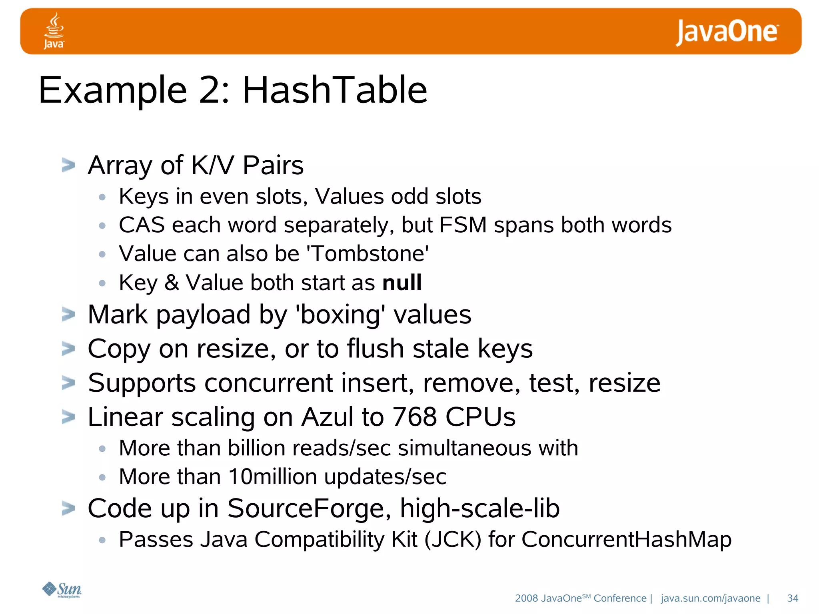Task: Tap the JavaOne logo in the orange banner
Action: click(x=727, y=32)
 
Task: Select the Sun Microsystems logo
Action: click(x=62, y=590)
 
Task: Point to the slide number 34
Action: click(x=792, y=598)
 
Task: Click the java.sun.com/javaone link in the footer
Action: click(x=711, y=598)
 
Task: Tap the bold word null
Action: click(x=402, y=282)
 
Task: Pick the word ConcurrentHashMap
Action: click(x=626, y=539)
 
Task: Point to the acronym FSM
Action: click(x=463, y=225)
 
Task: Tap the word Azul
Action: click(x=328, y=417)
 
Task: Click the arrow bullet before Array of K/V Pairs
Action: click(x=68, y=165)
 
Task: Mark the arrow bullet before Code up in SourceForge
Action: click(x=68, y=508)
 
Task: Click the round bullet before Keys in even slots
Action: click(x=102, y=197)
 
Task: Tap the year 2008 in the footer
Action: click(x=526, y=598)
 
